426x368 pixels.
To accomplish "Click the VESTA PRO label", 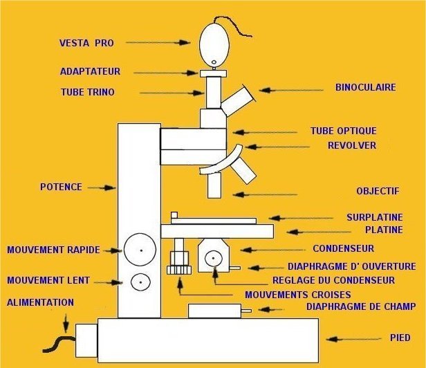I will click(x=86, y=43).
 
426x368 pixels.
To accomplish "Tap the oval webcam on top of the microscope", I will click(x=214, y=44).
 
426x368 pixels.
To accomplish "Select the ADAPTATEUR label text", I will click(x=91, y=71).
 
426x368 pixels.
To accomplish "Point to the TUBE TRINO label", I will click(x=88, y=92).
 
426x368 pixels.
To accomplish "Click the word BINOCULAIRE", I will click(x=365, y=88).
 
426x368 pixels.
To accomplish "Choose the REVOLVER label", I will click(x=352, y=145).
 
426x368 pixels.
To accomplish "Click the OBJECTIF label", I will click(x=378, y=190).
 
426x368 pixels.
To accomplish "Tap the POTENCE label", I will click(x=62, y=187).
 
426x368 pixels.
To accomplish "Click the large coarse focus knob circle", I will click(x=140, y=250).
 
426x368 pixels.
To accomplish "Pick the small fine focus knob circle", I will click(x=141, y=282).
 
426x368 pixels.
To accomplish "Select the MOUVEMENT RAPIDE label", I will click(x=53, y=250).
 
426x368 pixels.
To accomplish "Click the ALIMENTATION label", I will click(x=40, y=302).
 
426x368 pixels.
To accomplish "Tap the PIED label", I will click(x=400, y=338).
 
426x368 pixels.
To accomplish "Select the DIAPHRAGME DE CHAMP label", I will click(x=360, y=306).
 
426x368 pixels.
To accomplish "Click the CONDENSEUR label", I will click(x=343, y=248).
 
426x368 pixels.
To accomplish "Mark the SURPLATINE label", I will click(x=374, y=217).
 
